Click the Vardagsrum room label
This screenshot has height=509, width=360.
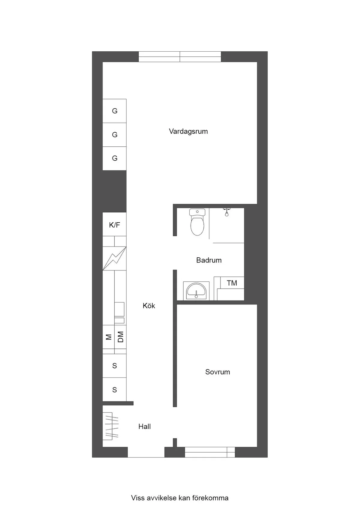point(188,131)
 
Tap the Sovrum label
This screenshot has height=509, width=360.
point(217,372)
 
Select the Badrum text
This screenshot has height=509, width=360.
point(209,260)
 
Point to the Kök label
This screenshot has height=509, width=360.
point(149,306)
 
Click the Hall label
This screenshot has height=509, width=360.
point(144,427)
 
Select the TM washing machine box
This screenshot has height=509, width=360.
point(232,283)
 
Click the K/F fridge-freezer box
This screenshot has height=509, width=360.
point(114,225)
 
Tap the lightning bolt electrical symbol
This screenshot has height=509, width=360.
point(114,258)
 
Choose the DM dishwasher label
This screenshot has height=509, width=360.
point(121,337)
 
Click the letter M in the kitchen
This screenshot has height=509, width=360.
point(109,337)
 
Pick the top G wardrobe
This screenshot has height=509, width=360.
point(114,111)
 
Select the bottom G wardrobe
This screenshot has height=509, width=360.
point(114,158)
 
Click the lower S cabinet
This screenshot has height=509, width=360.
point(114,390)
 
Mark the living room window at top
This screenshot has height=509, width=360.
point(180,57)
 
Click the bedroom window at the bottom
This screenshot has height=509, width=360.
point(210,452)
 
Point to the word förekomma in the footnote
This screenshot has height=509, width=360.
point(213,498)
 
